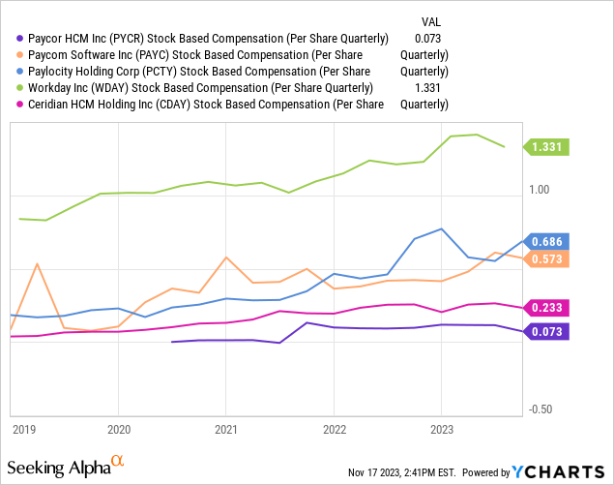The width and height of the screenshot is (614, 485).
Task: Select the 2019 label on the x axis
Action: [23, 428]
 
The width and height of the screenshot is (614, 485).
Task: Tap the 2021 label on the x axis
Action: [226, 428]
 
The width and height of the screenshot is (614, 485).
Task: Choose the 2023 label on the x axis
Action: [442, 428]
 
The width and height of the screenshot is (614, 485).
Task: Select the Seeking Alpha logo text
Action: [62, 468]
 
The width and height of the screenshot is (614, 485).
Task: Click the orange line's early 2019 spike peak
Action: [38, 263]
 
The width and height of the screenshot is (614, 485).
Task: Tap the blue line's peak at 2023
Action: [442, 229]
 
